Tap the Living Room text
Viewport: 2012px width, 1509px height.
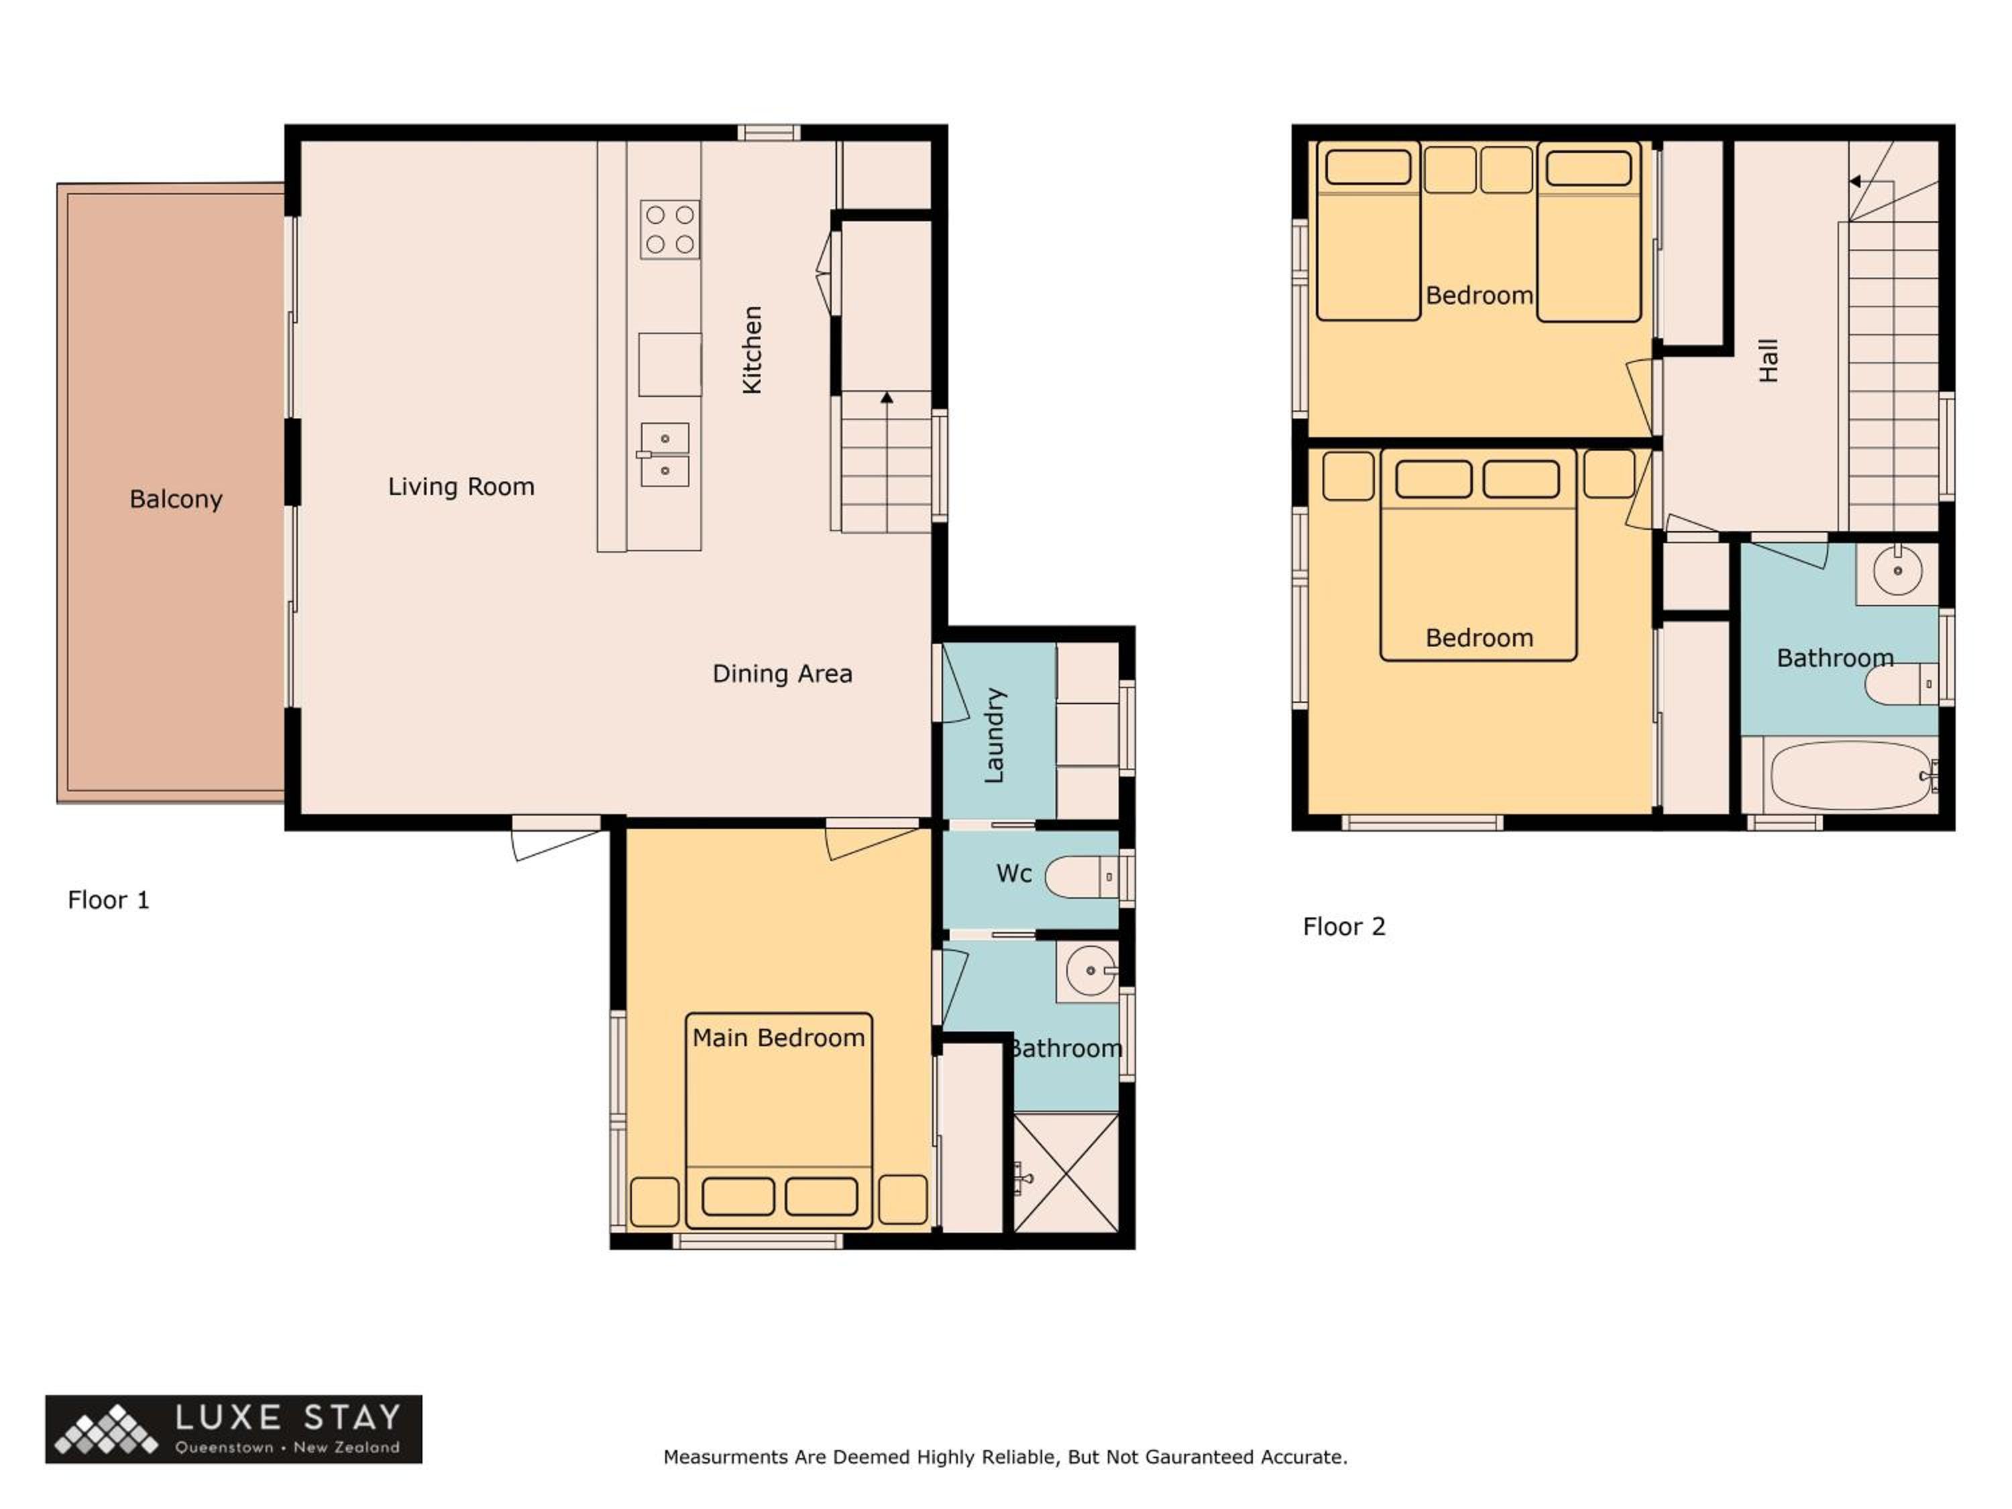coord(461,487)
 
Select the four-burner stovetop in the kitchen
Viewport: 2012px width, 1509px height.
coord(671,229)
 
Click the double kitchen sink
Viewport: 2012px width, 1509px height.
coord(665,454)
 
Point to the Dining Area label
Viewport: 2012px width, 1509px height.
coord(782,674)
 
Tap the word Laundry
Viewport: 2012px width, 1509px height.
coord(995,735)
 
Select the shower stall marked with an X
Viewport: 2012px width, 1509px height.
coord(1066,1172)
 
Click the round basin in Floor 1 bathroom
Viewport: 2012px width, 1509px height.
coord(1091,970)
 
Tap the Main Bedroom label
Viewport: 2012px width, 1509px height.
coord(779,1038)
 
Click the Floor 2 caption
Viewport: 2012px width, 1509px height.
coord(1345,926)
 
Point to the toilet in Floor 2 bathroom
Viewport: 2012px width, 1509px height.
coord(1901,684)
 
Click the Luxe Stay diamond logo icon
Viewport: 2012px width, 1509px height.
coord(105,1430)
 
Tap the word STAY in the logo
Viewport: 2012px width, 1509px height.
coord(352,1417)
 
